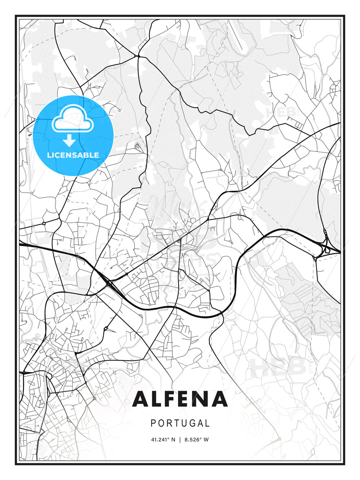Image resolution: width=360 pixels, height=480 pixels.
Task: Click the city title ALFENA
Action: [x=180, y=399]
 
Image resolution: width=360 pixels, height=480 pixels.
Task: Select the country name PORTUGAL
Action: [x=180, y=423]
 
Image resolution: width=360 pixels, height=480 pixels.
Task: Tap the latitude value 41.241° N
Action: [x=163, y=440]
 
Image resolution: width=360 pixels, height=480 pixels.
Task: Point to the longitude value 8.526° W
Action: [x=197, y=440]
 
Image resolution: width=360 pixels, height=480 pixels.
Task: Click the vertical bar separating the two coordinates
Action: [x=180, y=440]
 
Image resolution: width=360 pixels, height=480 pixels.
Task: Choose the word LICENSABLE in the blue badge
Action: [x=73, y=155]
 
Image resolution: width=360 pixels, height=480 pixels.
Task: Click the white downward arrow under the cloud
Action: [x=70, y=140]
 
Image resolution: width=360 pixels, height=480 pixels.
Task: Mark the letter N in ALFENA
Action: [x=205, y=399]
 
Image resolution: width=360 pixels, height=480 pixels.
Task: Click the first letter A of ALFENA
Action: [x=141, y=399]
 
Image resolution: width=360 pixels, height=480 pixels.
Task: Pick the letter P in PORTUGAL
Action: [x=153, y=423]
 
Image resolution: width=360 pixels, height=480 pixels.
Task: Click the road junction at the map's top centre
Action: [x=138, y=56]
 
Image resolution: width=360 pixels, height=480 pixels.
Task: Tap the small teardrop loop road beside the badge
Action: [x=137, y=146]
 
